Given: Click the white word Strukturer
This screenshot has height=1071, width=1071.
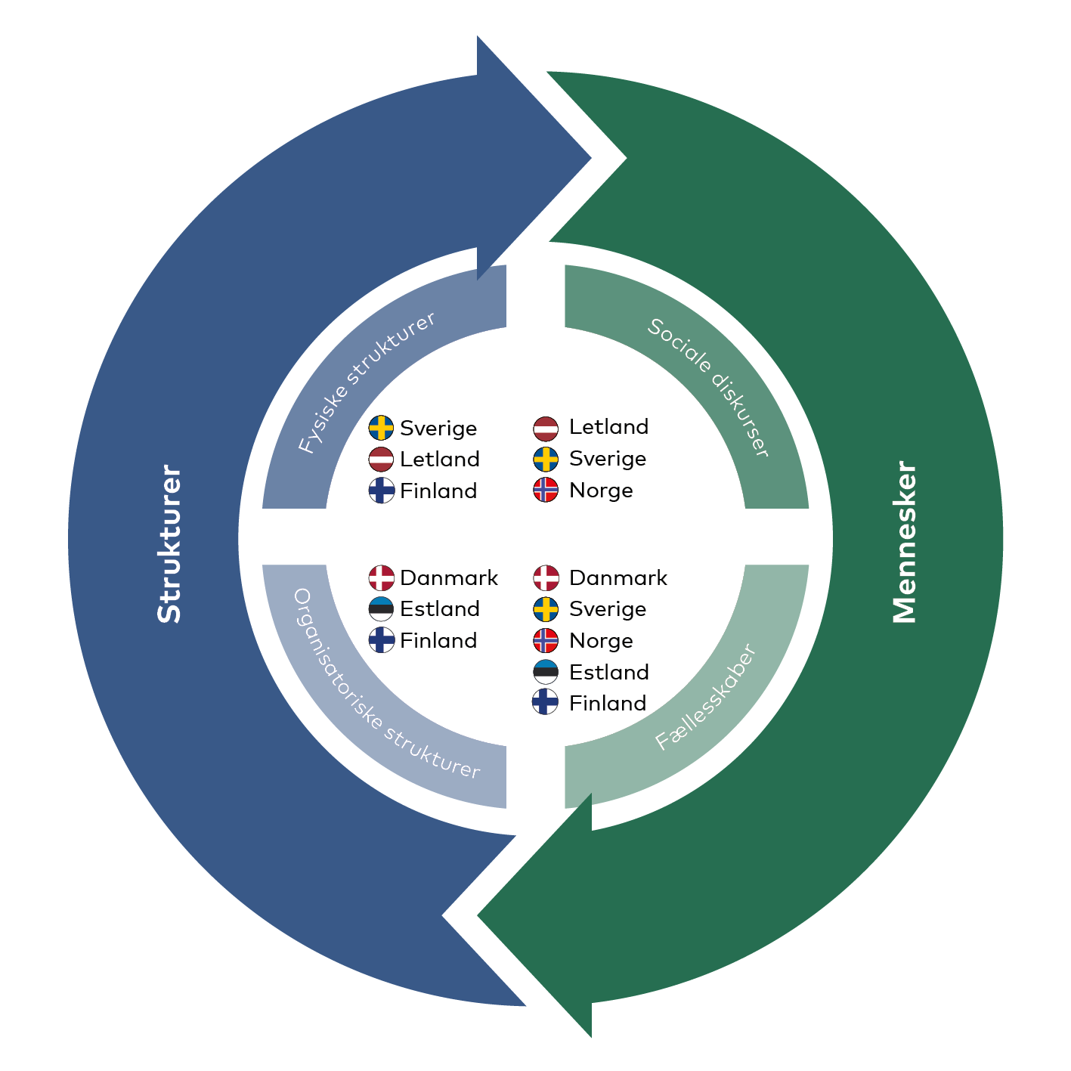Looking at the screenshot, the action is point(169,543).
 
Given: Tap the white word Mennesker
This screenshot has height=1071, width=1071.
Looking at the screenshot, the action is point(904,542).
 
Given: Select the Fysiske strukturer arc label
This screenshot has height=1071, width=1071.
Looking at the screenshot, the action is point(367,382).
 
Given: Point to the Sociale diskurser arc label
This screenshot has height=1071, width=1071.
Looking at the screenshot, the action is point(709,388).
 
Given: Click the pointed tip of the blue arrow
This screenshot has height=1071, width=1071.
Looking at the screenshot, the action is point(591,158).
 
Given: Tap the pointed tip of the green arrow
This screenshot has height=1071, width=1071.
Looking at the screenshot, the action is point(478,915).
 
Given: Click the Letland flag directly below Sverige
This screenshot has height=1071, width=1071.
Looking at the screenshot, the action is point(381,460).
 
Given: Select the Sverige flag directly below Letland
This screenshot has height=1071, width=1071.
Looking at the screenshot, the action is point(546,459).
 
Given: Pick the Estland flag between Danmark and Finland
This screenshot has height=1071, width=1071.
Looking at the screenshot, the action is point(381,609).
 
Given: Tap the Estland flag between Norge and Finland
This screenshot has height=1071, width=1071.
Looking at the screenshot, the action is point(546,672).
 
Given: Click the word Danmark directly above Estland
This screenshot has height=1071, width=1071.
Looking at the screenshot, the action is point(449,578).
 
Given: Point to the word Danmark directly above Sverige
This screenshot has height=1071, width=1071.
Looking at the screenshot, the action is point(618,578).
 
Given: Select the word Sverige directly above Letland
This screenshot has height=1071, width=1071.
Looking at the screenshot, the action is point(438,429).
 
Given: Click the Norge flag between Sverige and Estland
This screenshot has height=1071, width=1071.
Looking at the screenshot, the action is point(546,641).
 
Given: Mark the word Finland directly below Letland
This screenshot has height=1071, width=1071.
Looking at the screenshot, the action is point(438,491).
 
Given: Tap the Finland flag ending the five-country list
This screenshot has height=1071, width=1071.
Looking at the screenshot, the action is point(546,702).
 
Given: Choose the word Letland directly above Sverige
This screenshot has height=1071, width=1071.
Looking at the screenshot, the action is point(609,427).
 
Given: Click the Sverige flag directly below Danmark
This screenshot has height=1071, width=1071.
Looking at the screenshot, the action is point(546,609).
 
